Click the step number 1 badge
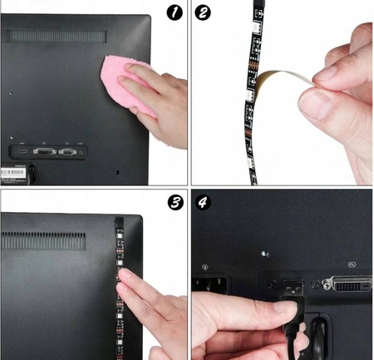175,12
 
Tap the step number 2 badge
203,12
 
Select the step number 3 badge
175,203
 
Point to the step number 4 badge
203,202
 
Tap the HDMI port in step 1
22,151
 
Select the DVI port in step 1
45,151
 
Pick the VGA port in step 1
67,151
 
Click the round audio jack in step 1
81,152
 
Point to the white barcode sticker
12,173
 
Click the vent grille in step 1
54,36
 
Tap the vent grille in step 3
43,240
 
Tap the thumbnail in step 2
314,105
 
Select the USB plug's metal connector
293,288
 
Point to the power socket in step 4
210,284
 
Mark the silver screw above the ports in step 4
265,254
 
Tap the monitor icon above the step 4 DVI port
352,264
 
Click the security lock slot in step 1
117,172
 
